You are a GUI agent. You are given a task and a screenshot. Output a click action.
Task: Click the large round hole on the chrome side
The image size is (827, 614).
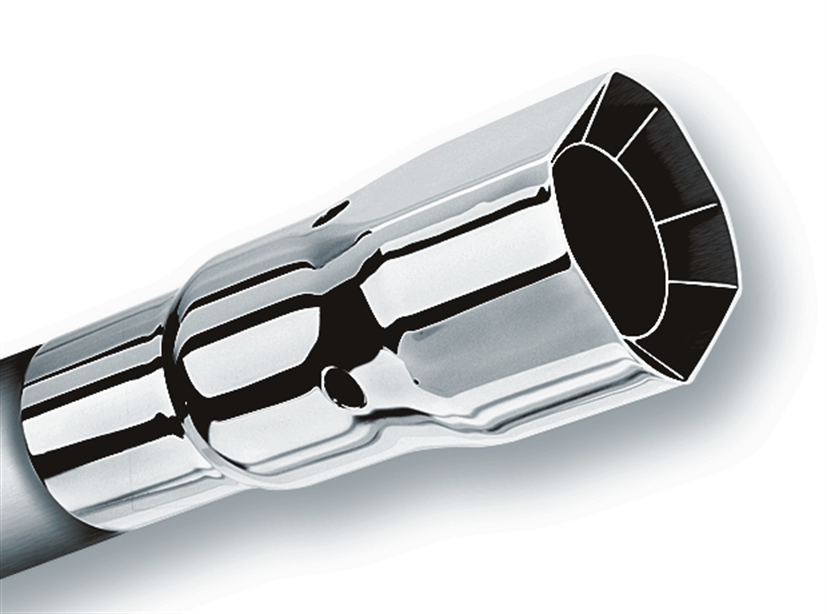[x=343, y=386]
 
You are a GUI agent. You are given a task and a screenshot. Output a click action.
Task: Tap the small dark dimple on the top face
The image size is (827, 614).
[x=331, y=214]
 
